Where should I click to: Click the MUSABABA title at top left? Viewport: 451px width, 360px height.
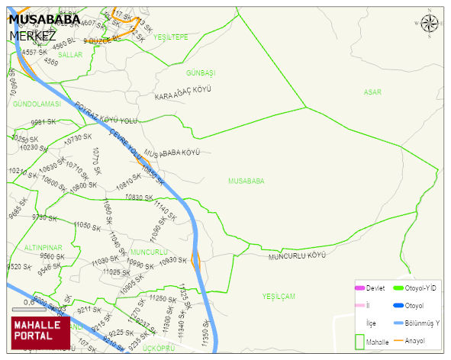pyautogui.click(x=43, y=20)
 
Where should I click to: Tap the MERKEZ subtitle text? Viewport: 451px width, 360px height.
pyautogui.click(x=34, y=35)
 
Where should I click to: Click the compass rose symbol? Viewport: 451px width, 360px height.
pyautogui.click(x=430, y=23)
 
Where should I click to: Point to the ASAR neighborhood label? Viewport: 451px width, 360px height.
pyautogui.click(x=372, y=92)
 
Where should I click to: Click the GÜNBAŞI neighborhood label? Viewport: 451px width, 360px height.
pyautogui.click(x=201, y=72)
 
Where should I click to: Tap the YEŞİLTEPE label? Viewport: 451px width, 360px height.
pyautogui.click(x=170, y=37)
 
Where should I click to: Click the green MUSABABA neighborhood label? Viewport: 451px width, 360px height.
pyautogui.click(x=246, y=181)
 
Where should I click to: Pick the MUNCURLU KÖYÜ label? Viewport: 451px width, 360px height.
pyautogui.click(x=297, y=256)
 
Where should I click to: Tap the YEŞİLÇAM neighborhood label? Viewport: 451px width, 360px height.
pyautogui.click(x=278, y=296)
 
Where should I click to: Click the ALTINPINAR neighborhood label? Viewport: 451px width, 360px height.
pyautogui.click(x=43, y=249)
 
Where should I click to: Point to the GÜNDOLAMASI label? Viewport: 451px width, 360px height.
pyautogui.click(x=37, y=103)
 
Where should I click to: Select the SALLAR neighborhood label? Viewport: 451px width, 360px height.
pyautogui.click(x=70, y=55)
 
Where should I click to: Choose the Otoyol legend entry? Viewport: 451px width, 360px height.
pyautogui.click(x=414, y=306)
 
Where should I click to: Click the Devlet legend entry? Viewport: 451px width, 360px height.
pyautogui.click(x=374, y=288)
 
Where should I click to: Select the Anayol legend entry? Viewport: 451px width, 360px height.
pyautogui.click(x=414, y=340)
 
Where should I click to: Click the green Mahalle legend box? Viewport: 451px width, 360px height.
pyautogui.click(x=359, y=341)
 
